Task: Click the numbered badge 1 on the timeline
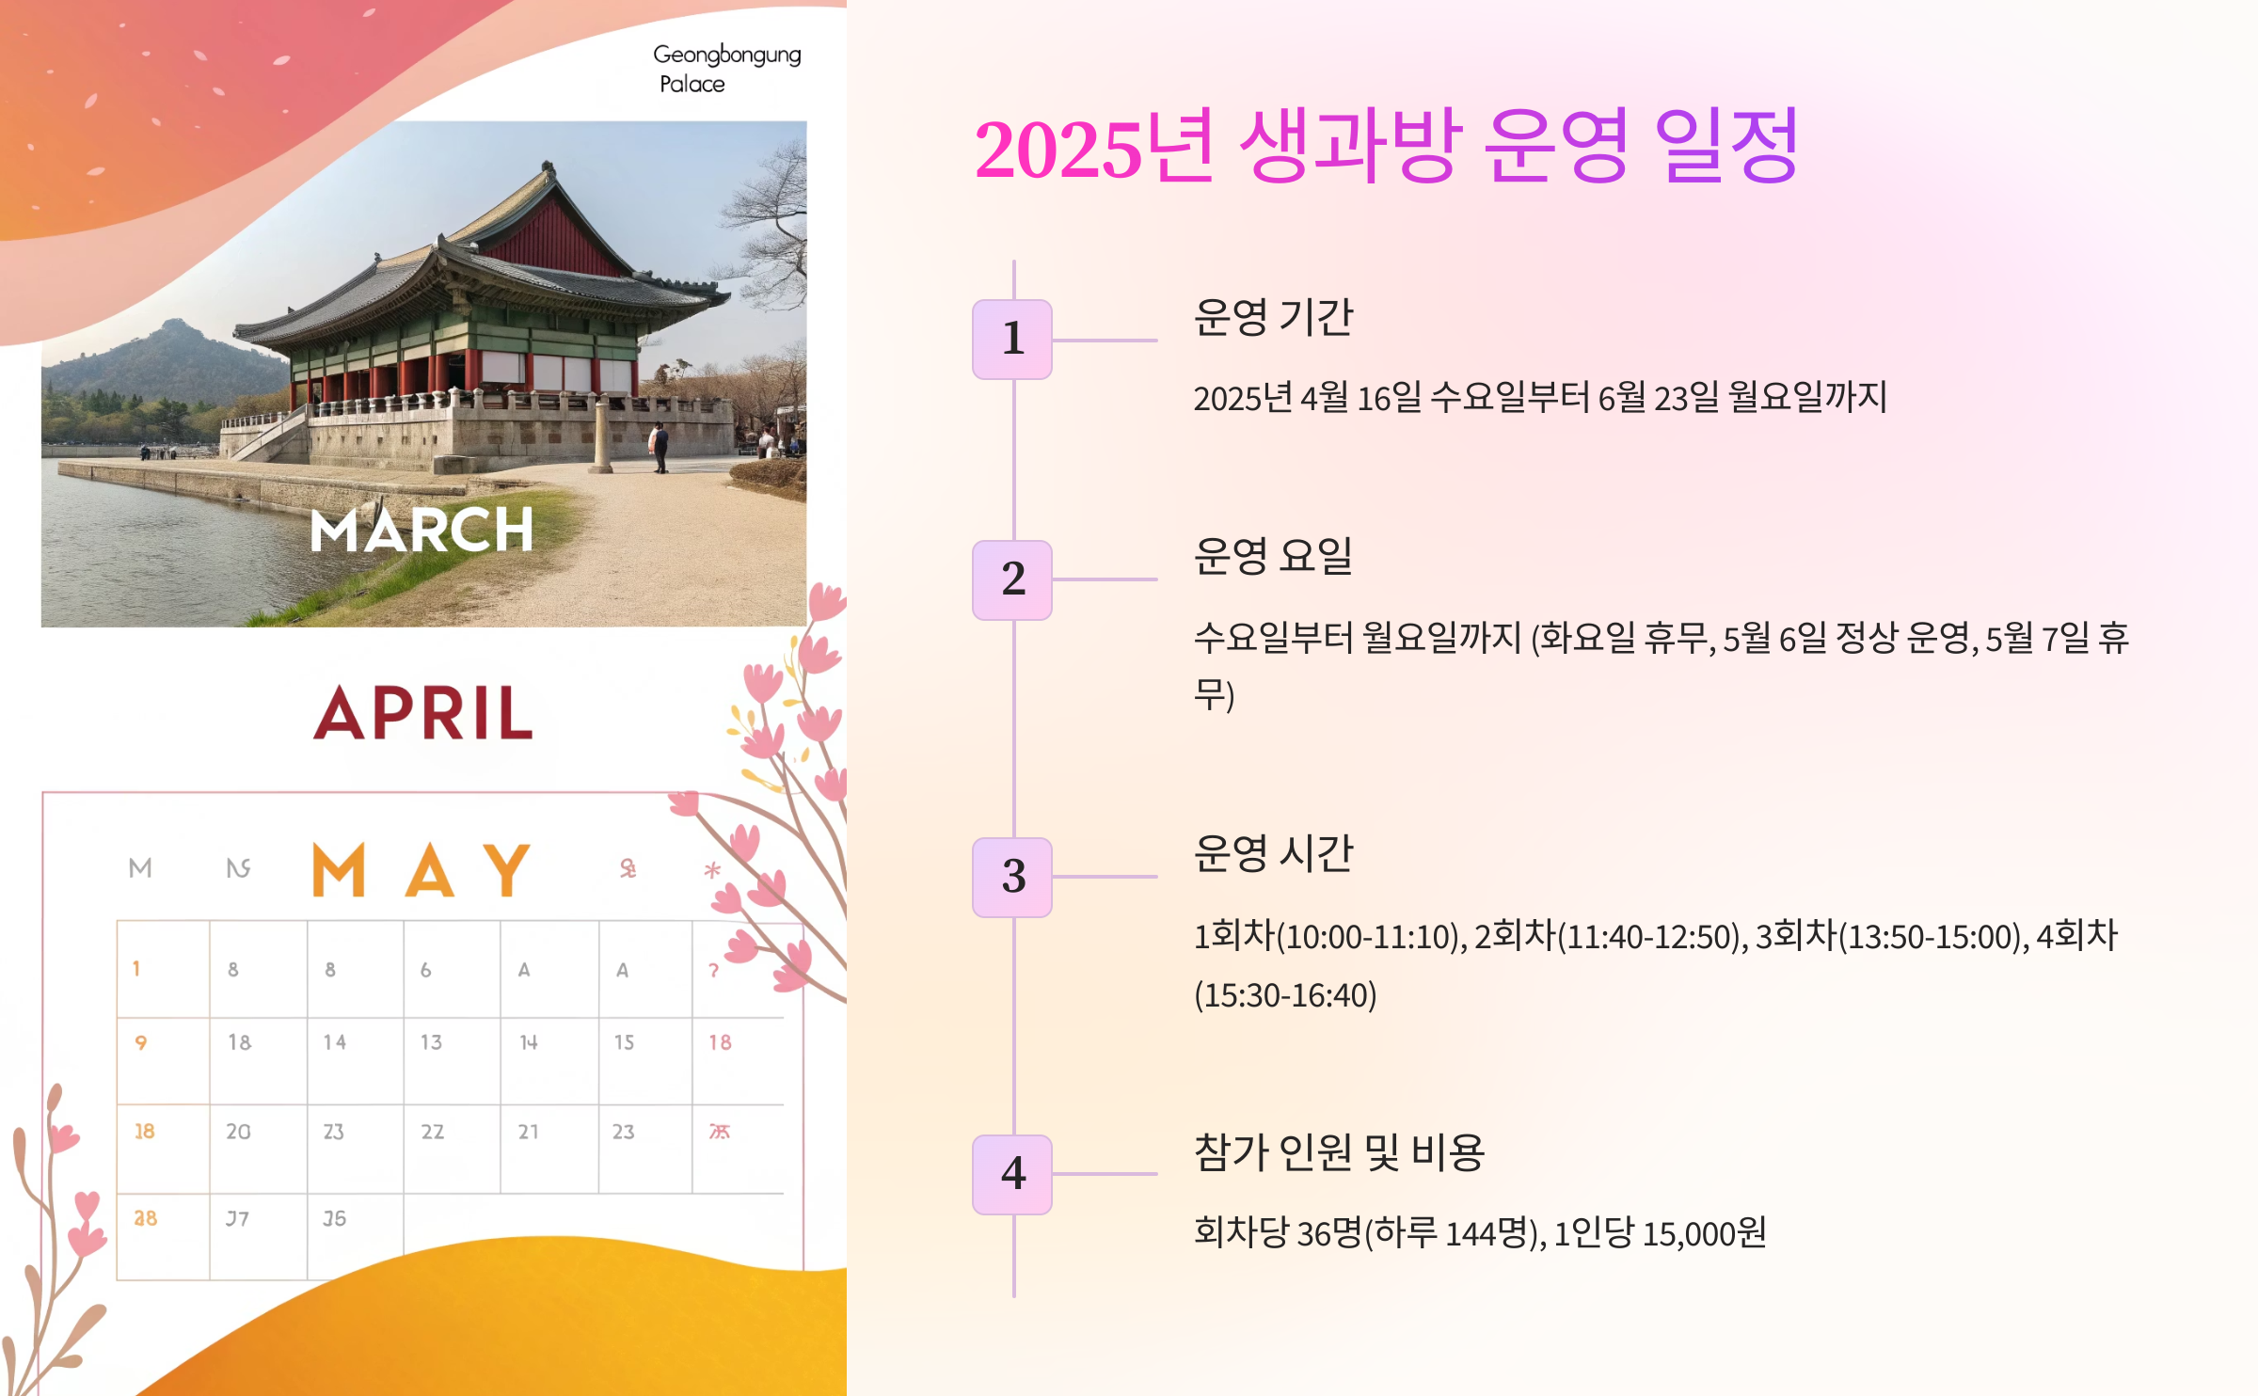point(1012,340)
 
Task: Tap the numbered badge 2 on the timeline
point(1012,579)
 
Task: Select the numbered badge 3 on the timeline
point(1012,877)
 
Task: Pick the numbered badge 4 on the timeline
point(1012,1174)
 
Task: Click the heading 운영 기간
point(1272,318)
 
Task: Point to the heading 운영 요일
point(1272,557)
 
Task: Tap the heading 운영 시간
point(1272,854)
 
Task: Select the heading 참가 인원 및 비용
point(1338,1152)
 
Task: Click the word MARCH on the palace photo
point(421,531)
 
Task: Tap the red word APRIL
point(423,713)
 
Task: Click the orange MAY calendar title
point(421,869)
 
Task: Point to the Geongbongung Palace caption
point(726,69)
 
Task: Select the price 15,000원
point(1704,1233)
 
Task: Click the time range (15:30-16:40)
point(1285,995)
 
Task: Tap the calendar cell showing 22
point(432,1132)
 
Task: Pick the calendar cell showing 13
point(431,1042)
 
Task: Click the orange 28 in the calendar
point(145,1219)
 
